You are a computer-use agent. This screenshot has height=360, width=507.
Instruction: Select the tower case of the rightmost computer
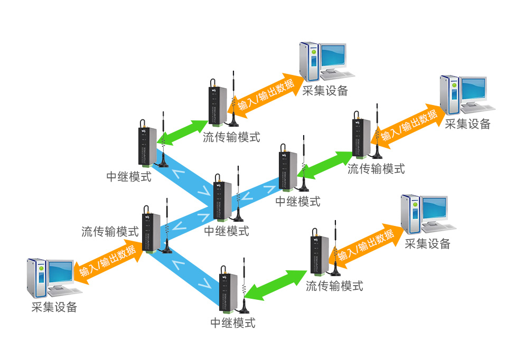[450, 95]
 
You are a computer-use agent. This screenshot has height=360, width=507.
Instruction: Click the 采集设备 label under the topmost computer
[325, 91]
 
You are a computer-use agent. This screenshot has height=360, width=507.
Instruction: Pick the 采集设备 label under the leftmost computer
[54, 307]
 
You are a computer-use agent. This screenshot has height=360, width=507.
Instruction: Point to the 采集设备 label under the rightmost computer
[467, 124]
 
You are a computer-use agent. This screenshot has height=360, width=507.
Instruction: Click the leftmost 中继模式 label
[129, 176]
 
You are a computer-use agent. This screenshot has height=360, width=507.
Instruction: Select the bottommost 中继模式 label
[233, 323]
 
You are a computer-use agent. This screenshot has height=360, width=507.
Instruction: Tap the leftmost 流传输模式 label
[110, 231]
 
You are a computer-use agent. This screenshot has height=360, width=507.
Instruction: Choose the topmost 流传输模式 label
[231, 137]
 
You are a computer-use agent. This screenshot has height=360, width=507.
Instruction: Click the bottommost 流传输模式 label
[334, 286]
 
